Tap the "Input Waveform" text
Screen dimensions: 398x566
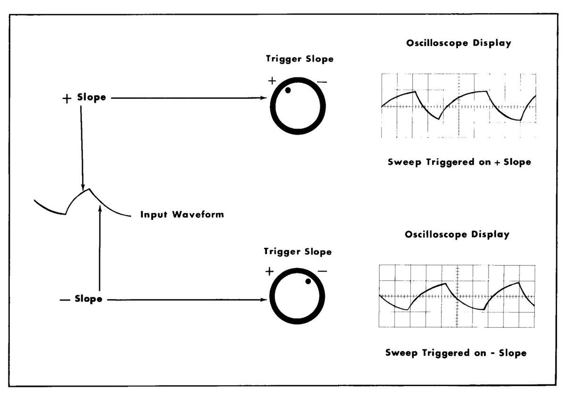tap(182, 215)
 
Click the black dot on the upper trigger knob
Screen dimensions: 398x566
tap(288, 90)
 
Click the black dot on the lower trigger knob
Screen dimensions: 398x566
tap(308, 281)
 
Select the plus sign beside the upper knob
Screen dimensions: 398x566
tap(272, 80)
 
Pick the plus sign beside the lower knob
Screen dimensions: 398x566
tap(269, 271)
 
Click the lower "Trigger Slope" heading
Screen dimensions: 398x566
tap(298, 252)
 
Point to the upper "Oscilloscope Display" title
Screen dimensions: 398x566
tap(458, 43)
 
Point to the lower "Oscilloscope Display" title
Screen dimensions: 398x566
tap(457, 234)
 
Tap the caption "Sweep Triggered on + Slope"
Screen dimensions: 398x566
tap(459, 161)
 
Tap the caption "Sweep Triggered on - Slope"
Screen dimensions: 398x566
tap(456, 353)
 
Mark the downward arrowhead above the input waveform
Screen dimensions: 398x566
tap(83, 187)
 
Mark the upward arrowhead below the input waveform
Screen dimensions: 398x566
tap(100, 208)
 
